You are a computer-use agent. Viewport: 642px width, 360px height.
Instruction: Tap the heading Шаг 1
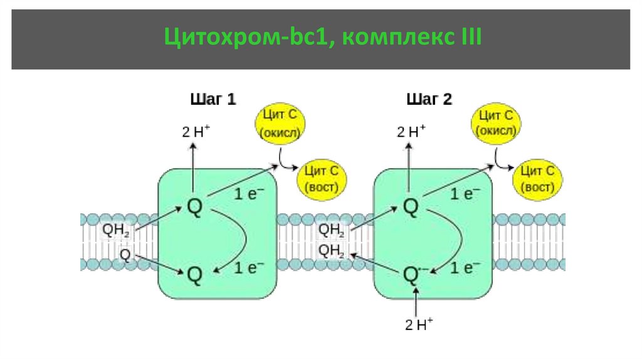pyautogui.click(x=213, y=99)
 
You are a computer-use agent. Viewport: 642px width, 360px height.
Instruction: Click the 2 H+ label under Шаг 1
pyautogui.click(x=196, y=132)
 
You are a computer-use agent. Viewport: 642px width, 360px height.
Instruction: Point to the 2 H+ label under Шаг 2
pyautogui.click(x=411, y=132)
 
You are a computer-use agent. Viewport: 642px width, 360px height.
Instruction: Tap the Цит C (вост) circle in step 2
pyautogui.click(x=539, y=179)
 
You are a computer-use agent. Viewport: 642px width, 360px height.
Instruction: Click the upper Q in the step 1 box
pyautogui.click(x=194, y=207)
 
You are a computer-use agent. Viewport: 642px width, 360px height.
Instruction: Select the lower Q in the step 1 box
pyautogui.click(x=194, y=274)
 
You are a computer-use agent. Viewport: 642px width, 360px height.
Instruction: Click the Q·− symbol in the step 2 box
pyautogui.click(x=412, y=274)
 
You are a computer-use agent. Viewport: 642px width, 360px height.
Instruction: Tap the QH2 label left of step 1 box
pyautogui.click(x=116, y=231)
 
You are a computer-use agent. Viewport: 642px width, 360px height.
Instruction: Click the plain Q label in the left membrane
pyautogui.click(x=125, y=255)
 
